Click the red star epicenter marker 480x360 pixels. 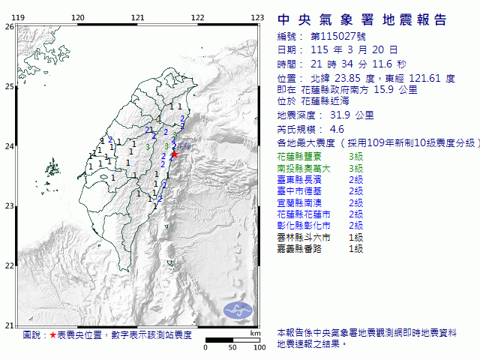(174, 154)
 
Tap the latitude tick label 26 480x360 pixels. (9, 26)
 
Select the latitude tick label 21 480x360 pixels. (9, 325)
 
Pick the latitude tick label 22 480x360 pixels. (9, 265)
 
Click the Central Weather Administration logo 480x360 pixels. (239, 308)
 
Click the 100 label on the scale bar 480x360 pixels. (259, 347)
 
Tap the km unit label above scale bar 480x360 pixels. (256, 332)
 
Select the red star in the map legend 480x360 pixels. (52, 335)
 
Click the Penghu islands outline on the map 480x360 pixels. (51, 166)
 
